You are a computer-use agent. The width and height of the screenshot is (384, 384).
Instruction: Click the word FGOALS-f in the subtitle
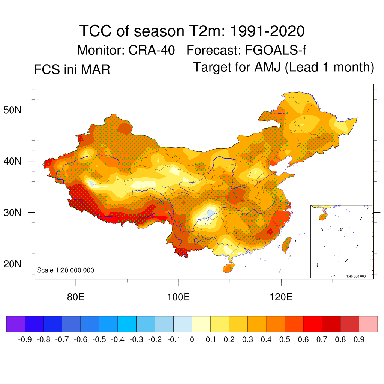[x=276, y=50]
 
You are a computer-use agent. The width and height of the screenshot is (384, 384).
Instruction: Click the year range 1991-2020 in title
[x=266, y=31]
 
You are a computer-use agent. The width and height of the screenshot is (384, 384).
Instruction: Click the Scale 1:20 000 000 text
[x=66, y=270]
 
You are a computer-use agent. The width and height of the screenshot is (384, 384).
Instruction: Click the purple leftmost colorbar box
[x=16, y=324]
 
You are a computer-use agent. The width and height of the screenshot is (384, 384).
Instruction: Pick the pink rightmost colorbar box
[x=368, y=324]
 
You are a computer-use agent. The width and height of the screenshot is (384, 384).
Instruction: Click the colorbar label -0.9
[x=25, y=340]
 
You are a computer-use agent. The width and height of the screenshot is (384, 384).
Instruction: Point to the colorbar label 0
[x=192, y=340]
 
